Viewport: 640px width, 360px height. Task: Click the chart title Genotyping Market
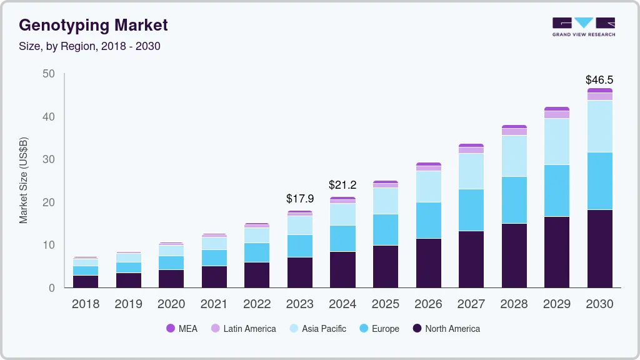click(93, 26)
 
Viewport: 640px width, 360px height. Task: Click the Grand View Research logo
click(583, 27)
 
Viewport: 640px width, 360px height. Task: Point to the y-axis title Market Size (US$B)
click(24, 180)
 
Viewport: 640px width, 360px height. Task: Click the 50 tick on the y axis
click(49, 74)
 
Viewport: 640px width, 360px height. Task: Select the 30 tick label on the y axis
click(49, 160)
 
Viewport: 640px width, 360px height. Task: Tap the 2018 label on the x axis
click(85, 304)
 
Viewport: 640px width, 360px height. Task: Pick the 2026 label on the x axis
click(428, 304)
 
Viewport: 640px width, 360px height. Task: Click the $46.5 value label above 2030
click(599, 80)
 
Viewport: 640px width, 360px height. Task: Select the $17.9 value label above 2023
click(299, 199)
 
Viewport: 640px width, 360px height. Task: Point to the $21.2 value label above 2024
click(342, 185)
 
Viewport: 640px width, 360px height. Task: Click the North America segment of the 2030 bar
click(599, 249)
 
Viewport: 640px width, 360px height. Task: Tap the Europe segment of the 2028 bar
click(514, 200)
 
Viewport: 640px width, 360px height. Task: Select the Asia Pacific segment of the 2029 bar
click(556, 141)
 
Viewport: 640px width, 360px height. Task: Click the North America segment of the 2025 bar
click(385, 266)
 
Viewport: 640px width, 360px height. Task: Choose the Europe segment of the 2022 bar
click(257, 252)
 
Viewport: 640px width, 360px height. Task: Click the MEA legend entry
click(182, 329)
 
